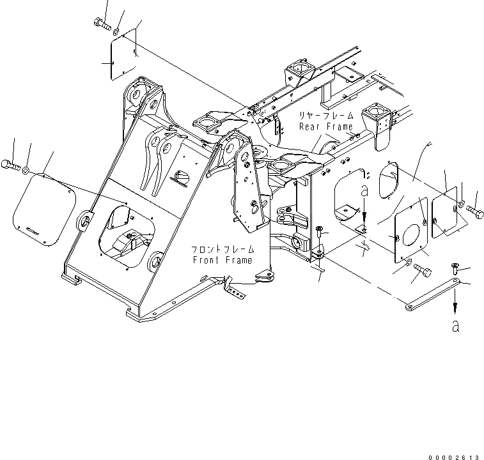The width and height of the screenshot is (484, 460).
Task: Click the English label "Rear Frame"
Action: pyautogui.click(x=326, y=126)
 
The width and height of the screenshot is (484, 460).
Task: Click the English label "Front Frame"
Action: pyautogui.click(x=222, y=260)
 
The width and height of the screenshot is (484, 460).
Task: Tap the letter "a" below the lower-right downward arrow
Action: pyautogui.click(x=455, y=326)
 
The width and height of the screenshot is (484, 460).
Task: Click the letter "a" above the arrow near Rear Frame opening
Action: pyautogui.click(x=363, y=190)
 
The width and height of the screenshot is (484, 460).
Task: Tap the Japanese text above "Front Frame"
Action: pyautogui.click(x=221, y=249)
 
